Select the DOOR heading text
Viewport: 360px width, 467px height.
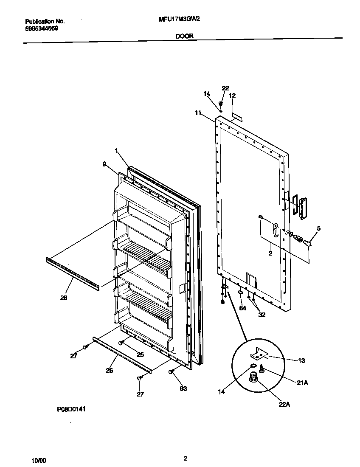pos(185,37)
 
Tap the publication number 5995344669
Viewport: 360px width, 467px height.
pos(42,28)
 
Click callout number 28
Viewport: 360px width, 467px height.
pos(63,298)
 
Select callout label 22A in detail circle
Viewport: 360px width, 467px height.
pos(284,404)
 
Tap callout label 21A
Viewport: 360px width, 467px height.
pos(302,383)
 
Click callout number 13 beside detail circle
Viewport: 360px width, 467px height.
pos(301,360)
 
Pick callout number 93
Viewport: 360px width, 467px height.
pos(183,388)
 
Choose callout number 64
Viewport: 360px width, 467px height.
pos(242,308)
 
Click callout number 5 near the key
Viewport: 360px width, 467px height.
pos(318,228)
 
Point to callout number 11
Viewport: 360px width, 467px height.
pos(198,113)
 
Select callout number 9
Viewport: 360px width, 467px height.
pos(104,163)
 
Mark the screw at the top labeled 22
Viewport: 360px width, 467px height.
pos(221,104)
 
